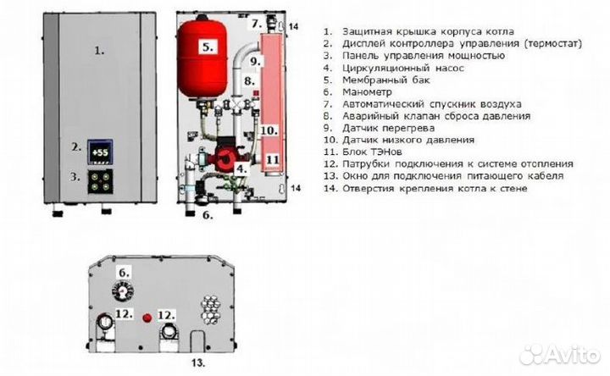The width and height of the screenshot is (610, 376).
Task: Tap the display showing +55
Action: (x=101, y=152)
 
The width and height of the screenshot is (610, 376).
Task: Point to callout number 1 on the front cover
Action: (x=98, y=51)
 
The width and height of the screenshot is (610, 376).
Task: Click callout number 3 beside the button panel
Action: (x=75, y=177)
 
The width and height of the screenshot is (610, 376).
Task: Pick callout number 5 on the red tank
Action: (x=208, y=48)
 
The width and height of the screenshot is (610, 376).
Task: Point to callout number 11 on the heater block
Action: (x=271, y=158)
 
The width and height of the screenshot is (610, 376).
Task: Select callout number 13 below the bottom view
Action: (x=197, y=362)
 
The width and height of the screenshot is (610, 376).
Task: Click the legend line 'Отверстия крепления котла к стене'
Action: (x=432, y=188)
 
